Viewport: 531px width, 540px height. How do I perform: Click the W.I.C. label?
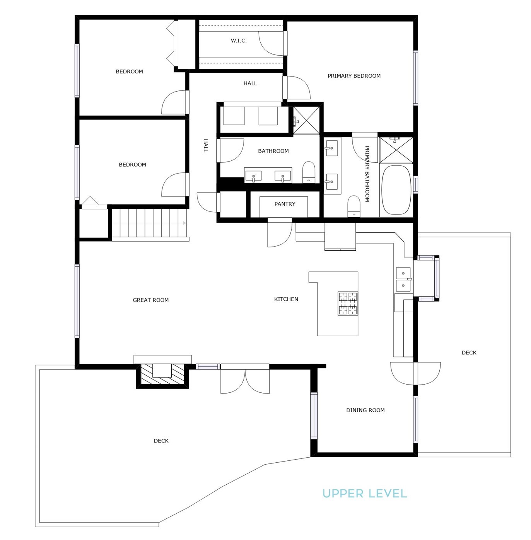point(239,41)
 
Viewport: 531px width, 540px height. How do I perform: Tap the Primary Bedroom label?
point(354,76)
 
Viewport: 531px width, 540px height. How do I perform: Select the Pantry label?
point(285,204)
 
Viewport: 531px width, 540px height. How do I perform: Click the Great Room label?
point(150,300)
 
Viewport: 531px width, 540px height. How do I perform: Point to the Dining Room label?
point(365,410)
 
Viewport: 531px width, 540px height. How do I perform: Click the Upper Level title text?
point(365,493)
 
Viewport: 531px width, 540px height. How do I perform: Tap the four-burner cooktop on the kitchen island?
point(348,303)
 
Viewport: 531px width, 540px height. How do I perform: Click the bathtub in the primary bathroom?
point(397,190)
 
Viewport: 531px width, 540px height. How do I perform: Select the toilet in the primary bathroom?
point(354,206)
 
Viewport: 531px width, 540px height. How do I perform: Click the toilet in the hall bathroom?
point(309,172)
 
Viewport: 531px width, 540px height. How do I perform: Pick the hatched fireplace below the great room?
point(162,376)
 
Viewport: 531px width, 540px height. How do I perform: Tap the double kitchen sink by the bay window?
point(403,279)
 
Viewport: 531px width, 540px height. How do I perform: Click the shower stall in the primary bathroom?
point(396,150)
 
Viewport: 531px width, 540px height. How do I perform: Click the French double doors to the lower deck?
point(245,379)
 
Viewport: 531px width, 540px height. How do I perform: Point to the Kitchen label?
point(286,299)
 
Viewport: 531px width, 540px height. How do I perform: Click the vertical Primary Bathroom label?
point(367,174)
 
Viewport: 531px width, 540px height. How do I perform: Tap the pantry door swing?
point(280,233)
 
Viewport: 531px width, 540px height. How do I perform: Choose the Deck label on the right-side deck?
point(469,353)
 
